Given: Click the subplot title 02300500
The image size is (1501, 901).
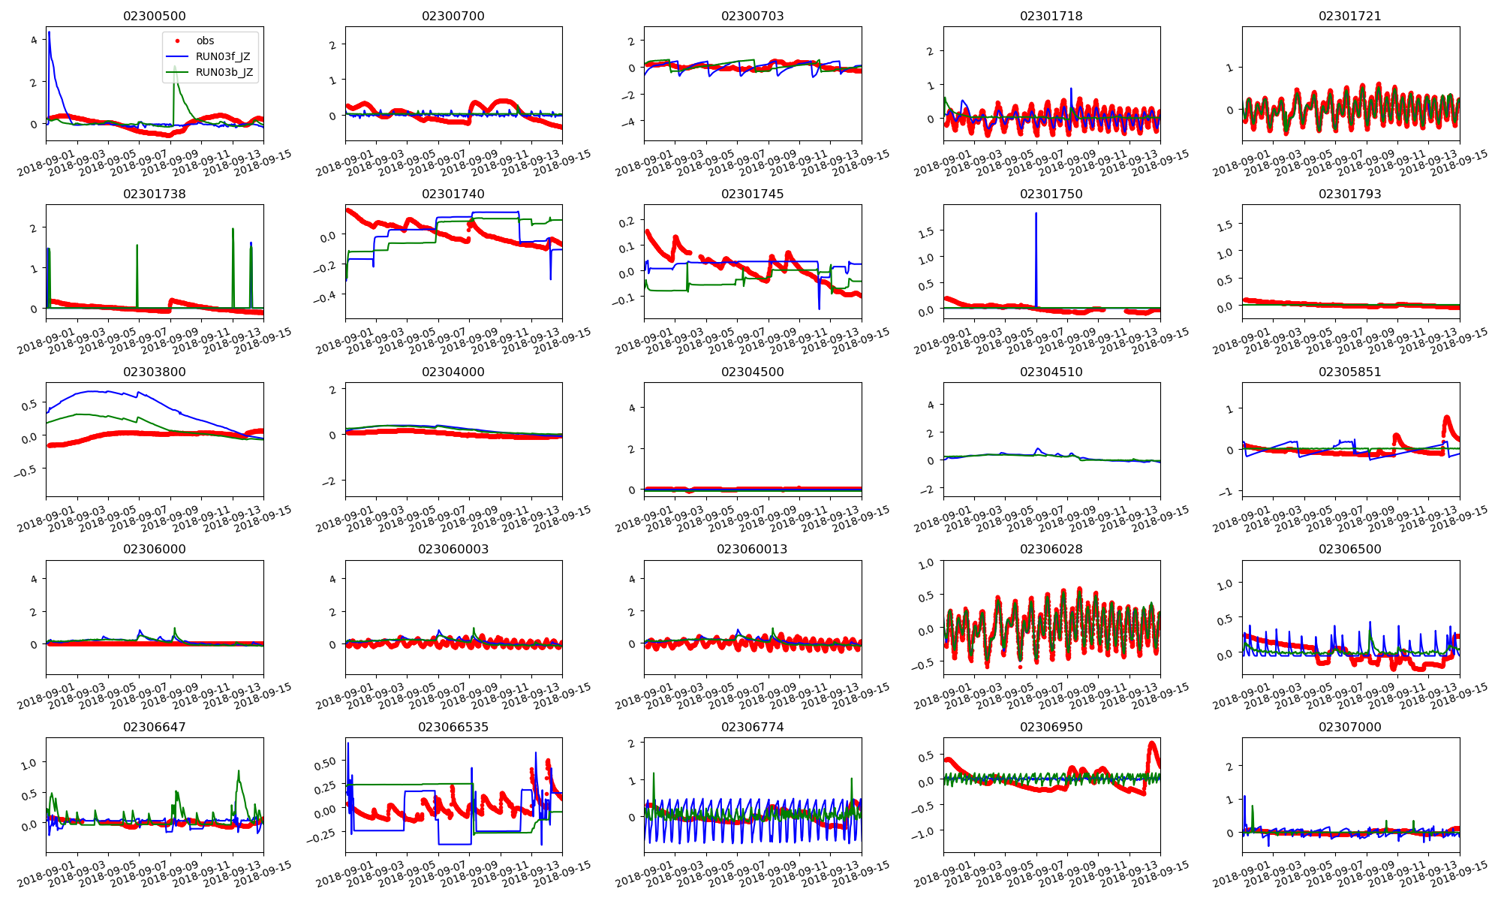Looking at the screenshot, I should click(x=155, y=16).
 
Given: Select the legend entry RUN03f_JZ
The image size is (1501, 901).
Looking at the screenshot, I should click(x=222, y=56).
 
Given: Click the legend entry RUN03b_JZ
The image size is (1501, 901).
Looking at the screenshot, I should click(x=224, y=73).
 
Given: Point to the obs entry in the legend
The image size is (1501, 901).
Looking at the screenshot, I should click(x=205, y=41).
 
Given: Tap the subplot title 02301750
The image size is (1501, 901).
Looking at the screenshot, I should click(x=1051, y=194).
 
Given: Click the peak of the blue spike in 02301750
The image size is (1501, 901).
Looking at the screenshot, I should click(x=1036, y=213).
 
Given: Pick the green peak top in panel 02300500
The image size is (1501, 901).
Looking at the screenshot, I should click(x=175, y=67).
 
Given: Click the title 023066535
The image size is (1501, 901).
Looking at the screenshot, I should click(x=453, y=727).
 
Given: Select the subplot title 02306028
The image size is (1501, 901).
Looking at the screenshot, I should click(x=1051, y=549).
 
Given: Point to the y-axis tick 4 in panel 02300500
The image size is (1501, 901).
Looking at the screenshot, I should click(x=33, y=40).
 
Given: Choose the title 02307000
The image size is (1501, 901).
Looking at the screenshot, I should click(x=1349, y=727).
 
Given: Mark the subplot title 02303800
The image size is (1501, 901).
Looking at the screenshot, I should click(x=155, y=372).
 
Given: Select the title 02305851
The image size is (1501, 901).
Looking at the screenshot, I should click(x=1349, y=372).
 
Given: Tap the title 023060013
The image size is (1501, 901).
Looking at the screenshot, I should click(x=752, y=549).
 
